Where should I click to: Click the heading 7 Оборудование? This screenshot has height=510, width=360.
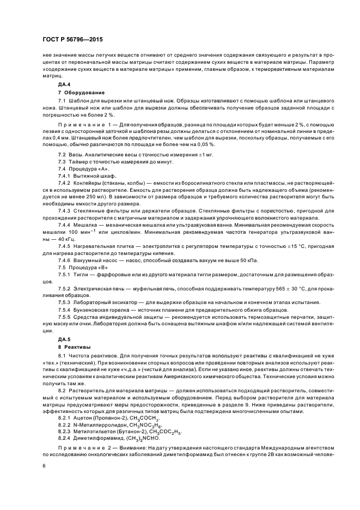pyautogui.click(x=81, y=93)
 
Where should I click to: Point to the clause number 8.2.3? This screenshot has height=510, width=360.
pyautogui.click(x=64, y=431)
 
